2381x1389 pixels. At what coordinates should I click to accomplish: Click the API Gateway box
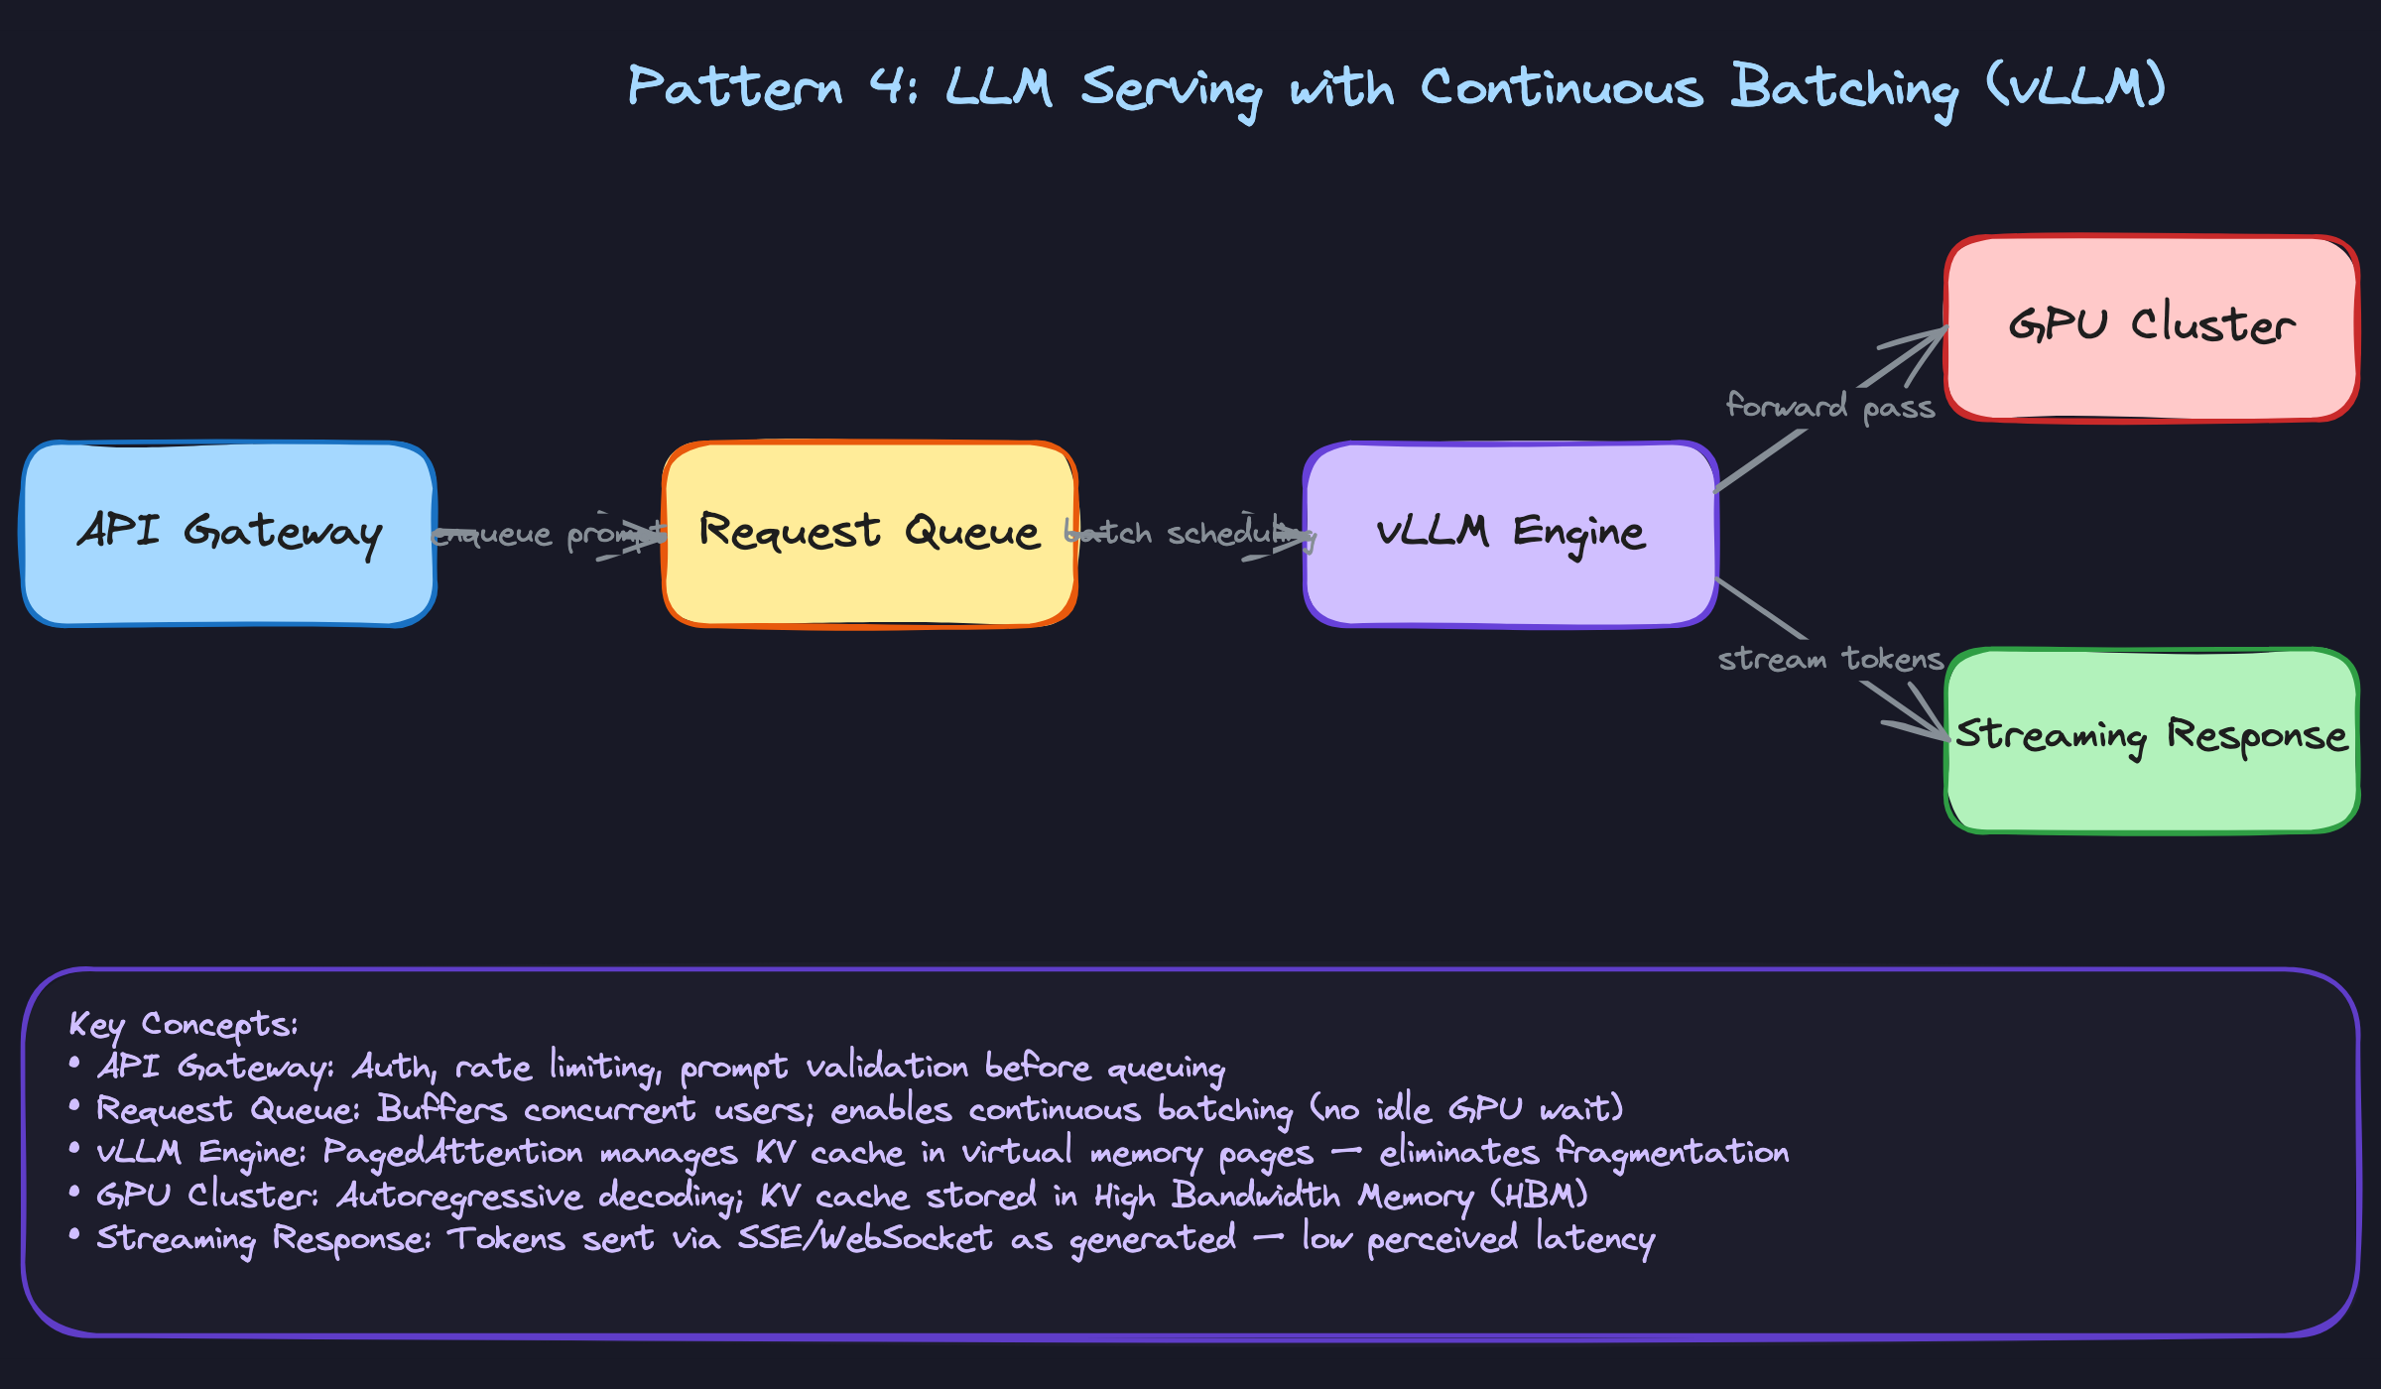coord(229,534)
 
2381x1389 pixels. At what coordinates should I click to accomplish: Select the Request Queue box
coord(870,534)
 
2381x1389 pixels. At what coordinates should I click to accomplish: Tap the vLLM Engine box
coord(1511,534)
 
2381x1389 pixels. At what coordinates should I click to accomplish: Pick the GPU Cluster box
coord(2152,327)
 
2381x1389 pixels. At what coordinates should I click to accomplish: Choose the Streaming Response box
coord(2152,740)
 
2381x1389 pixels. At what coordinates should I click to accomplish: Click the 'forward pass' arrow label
coord(1830,406)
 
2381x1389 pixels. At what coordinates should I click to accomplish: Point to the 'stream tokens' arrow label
coord(1830,659)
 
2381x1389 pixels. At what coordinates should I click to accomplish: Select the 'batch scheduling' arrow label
coord(1189,534)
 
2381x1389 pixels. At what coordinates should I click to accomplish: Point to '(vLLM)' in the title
coord(2076,86)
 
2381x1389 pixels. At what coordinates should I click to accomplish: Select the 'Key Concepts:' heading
coord(183,1024)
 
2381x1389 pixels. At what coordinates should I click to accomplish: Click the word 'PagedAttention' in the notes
coord(452,1152)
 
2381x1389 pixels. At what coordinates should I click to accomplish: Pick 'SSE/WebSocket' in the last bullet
coord(864,1238)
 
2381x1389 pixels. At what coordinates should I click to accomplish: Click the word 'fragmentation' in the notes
coord(1672,1152)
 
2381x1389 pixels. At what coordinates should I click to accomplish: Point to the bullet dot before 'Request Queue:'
coord(74,1104)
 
